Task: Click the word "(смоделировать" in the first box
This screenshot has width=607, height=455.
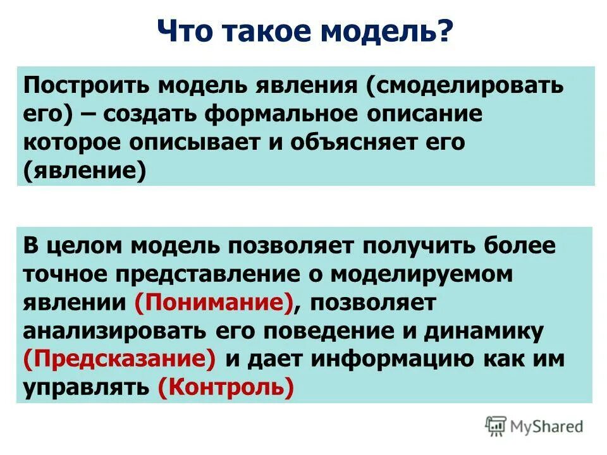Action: (x=463, y=85)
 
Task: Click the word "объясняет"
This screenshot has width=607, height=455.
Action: (x=350, y=142)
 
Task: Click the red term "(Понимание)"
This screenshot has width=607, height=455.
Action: (x=214, y=302)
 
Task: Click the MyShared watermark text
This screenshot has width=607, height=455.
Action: (x=548, y=427)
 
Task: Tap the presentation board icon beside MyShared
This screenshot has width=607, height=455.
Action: (x=496, y=427)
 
